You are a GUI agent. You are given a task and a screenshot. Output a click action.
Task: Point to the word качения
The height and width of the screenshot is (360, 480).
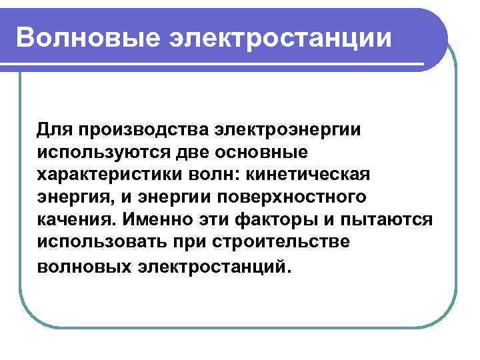[x=79, y=220]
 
